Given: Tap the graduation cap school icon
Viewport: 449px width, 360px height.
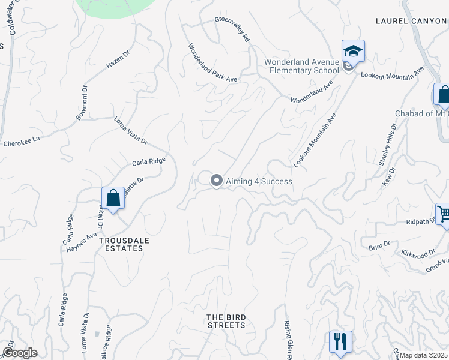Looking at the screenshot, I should (354, 52).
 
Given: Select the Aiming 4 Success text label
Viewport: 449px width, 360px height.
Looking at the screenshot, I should (259, 181).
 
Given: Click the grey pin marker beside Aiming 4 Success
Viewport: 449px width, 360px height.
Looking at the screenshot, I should (217, 180).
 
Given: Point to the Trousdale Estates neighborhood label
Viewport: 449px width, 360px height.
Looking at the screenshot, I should (124, 244).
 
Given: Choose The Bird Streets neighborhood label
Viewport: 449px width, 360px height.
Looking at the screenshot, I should (226, 321).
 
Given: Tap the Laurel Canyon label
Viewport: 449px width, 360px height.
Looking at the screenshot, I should (412, 21).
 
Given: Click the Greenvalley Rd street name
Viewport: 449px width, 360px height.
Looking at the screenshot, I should (232, 29).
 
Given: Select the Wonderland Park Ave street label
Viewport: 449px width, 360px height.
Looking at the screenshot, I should (213, 63).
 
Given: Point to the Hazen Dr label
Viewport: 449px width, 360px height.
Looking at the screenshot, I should (118, 61).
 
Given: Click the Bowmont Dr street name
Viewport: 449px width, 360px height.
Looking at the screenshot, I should (82, 103).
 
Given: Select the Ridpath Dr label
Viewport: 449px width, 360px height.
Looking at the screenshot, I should (419, 221).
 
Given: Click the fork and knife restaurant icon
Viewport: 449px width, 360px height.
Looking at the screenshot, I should (340, 341).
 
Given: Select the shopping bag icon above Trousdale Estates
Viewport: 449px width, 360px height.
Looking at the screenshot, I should (113, 197).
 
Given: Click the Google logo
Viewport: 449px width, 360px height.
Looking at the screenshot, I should (20, 353).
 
